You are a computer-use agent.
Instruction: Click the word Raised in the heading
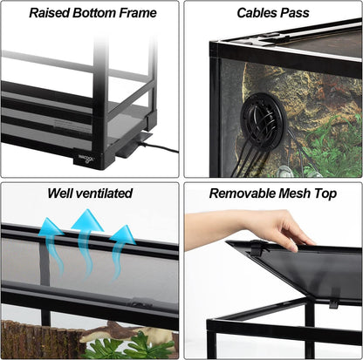coord(48,13)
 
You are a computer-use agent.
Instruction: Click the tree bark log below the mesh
coord(35,340)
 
